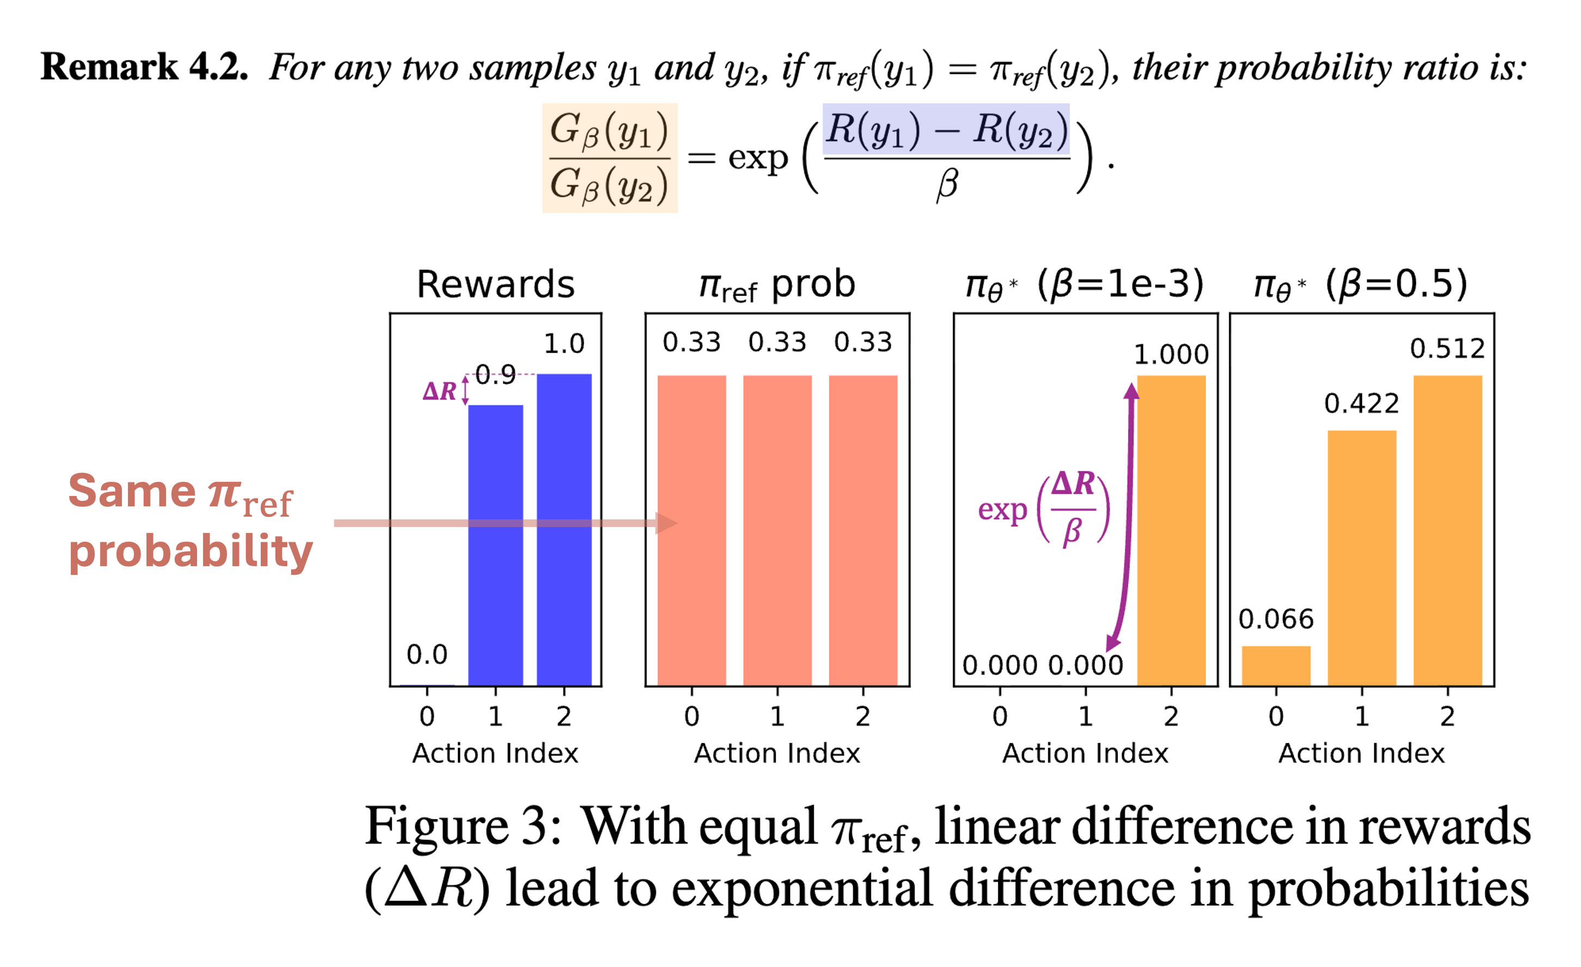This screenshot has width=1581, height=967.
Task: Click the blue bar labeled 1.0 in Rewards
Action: click(564, 529)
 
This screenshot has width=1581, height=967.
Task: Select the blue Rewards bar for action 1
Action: click(495, 545)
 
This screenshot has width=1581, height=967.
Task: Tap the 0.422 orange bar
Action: click(1362, 558)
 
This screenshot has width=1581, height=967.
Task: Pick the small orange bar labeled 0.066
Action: click(1276, 665)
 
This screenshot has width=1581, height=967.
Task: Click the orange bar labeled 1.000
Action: click(1171, 529)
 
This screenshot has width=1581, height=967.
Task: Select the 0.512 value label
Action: click(1448, 349)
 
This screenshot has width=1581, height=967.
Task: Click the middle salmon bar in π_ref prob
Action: click(777, 529)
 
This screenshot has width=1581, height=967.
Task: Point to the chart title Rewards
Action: click(495, 284)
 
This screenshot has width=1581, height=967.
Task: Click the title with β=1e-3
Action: click(1084, 284)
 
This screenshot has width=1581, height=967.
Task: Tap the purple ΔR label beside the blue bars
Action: click(440, 391)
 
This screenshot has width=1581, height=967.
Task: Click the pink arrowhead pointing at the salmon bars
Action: click(667, 523)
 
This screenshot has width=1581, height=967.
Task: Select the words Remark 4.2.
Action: click(144, 67)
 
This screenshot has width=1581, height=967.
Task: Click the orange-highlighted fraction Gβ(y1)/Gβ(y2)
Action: click(610, 158)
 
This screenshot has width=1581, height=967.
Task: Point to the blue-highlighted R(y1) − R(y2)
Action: click(946, 129)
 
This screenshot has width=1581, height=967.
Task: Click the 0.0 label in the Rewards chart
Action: click(427, 655)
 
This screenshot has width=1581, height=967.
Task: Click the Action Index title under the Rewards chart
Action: click(495, 753)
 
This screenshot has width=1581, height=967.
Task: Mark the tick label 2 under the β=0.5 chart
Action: click(1448, 716)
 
